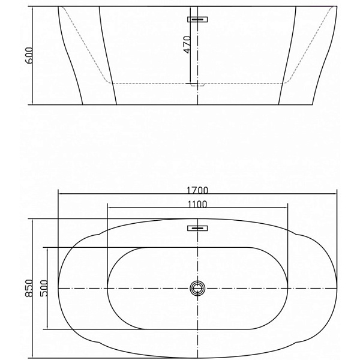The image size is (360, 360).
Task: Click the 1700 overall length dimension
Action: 197,190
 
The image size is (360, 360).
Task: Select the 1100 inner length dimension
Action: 197,204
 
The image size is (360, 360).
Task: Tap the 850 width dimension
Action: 29,288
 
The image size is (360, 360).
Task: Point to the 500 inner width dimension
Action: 44,288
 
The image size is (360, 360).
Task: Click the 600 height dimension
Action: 29,55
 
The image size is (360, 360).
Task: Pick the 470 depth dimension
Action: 187,44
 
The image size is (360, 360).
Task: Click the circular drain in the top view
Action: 197,288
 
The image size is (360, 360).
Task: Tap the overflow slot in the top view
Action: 197,228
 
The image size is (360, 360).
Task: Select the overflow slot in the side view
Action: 197,20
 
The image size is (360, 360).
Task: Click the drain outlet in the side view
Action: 197,85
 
